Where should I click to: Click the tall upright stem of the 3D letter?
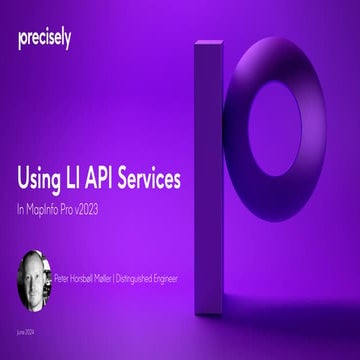tap(209, 150)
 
